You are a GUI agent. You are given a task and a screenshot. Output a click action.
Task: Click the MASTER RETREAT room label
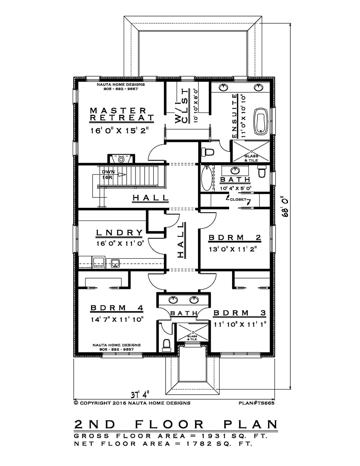(x=122, y=114)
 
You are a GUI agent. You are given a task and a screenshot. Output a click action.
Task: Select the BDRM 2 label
(x=235, y=238)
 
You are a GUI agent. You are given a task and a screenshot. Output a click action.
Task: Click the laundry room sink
(x=115, y=263)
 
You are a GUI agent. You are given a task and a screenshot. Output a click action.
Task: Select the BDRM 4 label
(x=117, y=308)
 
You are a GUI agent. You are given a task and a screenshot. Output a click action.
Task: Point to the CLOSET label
(x=238, y=199)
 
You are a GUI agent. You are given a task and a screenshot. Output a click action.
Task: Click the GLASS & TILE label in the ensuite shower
(x=251, y=158)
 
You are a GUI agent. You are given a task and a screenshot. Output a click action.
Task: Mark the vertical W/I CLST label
(x=182, y=106)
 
